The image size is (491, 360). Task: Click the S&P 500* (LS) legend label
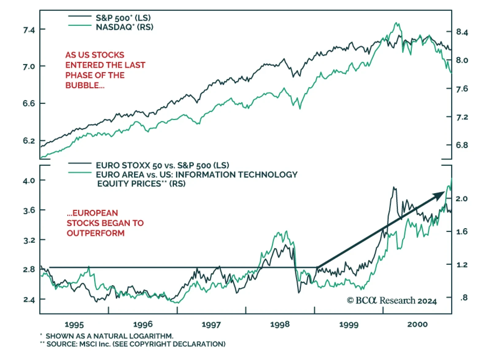click(x=123, y=18)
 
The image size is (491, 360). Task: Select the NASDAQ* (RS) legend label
click(x=124, y=27)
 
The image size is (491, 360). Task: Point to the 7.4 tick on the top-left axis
click(x=29, y=30)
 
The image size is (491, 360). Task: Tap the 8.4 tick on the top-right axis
click(x=462, y=32)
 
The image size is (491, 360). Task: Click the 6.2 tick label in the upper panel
click(x=29, y=141)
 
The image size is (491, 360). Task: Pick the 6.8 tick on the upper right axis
click(x=462, y=145)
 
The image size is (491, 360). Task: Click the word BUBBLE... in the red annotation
click(x=85, y=85)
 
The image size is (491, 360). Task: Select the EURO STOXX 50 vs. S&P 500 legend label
click(x=162, y=166)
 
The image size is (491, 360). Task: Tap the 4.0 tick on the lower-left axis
click(x=29, y=181)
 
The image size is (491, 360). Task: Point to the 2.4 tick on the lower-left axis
click(x=29, y=300)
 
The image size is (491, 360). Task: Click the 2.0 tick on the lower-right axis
click(x=462, y=199)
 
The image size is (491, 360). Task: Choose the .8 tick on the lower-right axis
click(x=464, y=297)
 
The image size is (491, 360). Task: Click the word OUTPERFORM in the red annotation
click(x=95, y=233)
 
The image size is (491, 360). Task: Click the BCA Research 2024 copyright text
click(x=392, y=301)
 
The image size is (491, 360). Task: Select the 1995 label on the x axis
click(x=74, y=324)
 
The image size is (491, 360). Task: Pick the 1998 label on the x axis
click(x=280, y=324)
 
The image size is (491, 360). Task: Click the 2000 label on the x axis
click(x=417, y=324)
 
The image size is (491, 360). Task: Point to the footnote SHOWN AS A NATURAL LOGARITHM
click(x=109, y=336)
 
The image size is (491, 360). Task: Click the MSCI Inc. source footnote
click(x=136, y=344)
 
